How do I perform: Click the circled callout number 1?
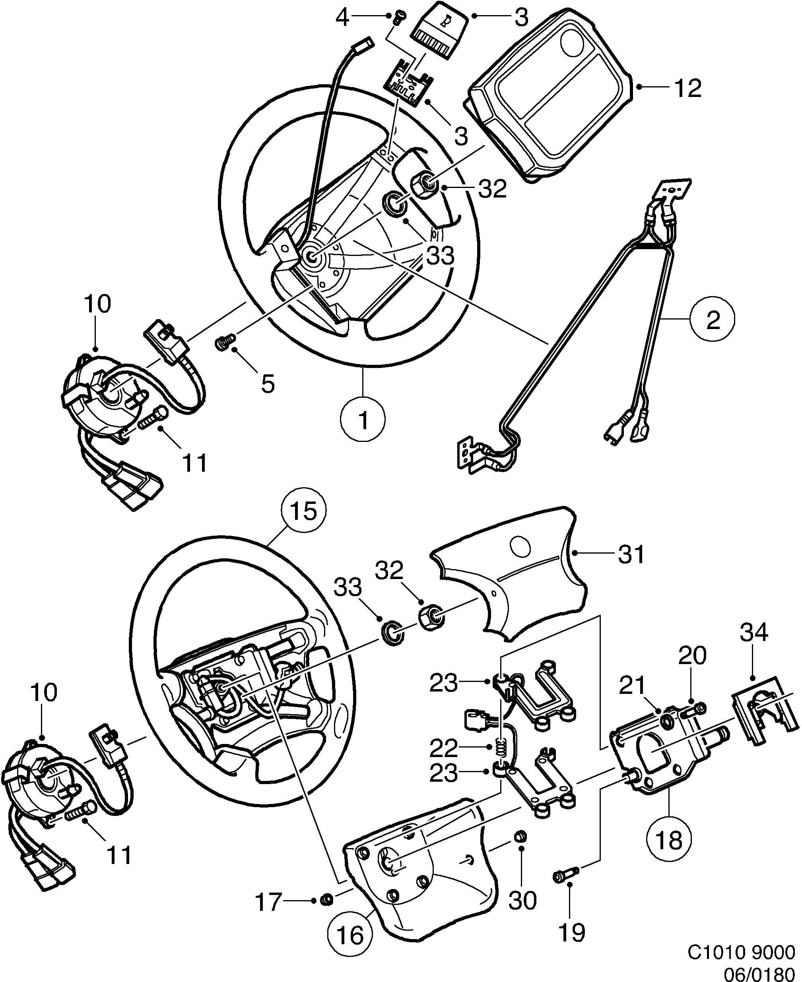point(363,420)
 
